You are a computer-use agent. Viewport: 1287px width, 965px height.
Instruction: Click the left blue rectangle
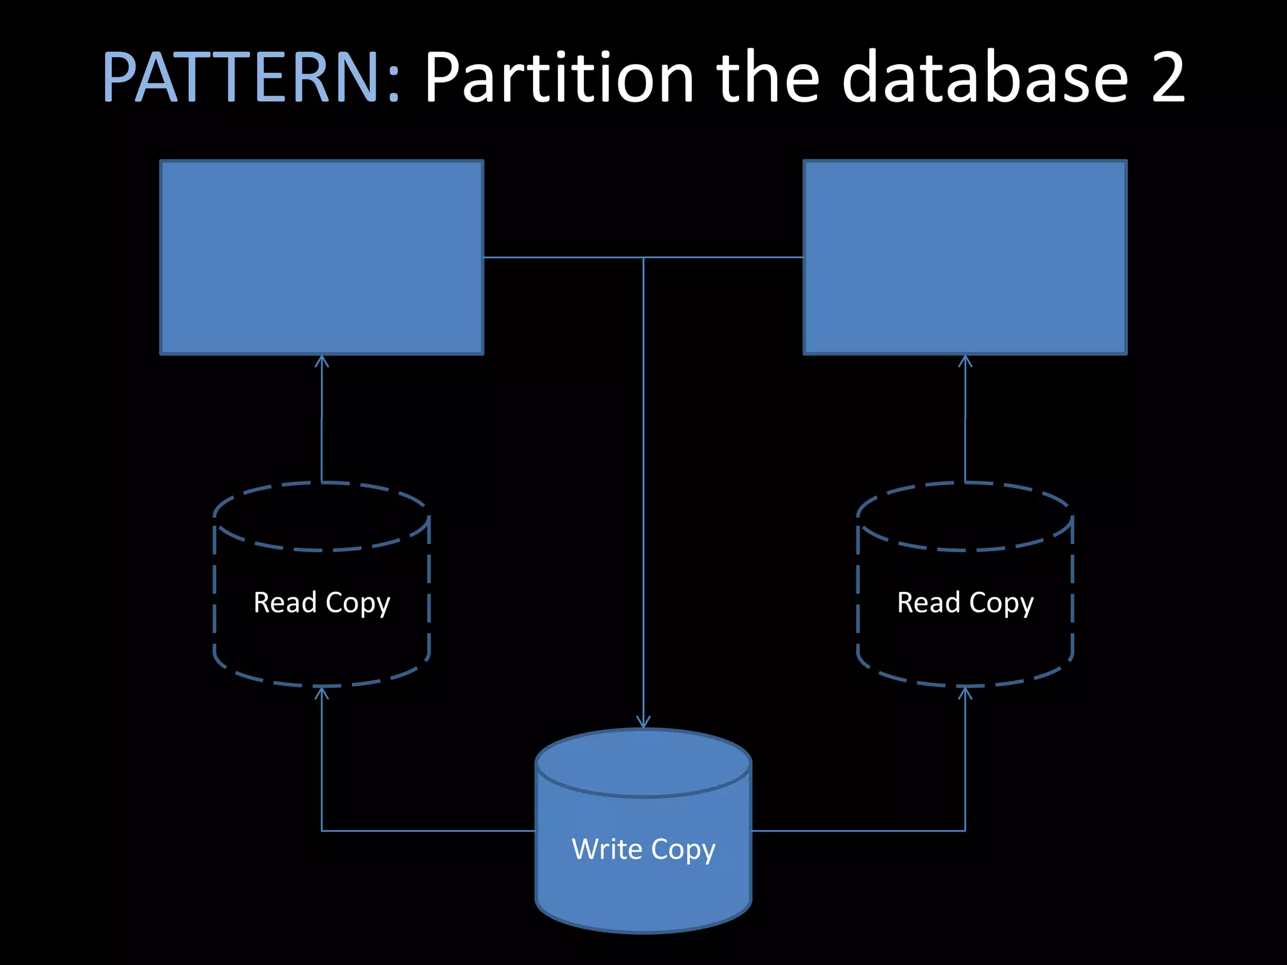coord(322,258)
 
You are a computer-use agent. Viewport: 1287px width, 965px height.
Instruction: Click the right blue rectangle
coord(965,258)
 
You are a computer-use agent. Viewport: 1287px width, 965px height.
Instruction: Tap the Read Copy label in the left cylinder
coord(322,602)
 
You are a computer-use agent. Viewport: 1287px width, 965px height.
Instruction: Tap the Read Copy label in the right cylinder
coord(965,602)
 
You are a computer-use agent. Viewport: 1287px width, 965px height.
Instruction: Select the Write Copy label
coord(643,849)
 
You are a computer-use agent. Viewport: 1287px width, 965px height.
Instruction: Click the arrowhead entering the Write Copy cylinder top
coord(643,722)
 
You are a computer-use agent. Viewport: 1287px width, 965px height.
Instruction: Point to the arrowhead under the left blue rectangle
coord(322,361)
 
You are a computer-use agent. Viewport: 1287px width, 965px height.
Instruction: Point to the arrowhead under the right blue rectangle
coord(965,361)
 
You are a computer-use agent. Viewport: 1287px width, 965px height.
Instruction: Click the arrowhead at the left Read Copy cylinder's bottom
coord(322,692)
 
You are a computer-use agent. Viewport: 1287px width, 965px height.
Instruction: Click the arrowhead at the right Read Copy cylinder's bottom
coord(965,692)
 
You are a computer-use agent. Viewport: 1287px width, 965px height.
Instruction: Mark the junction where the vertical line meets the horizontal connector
coord(643,258)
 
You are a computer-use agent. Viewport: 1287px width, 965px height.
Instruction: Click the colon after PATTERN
coord(393,85)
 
